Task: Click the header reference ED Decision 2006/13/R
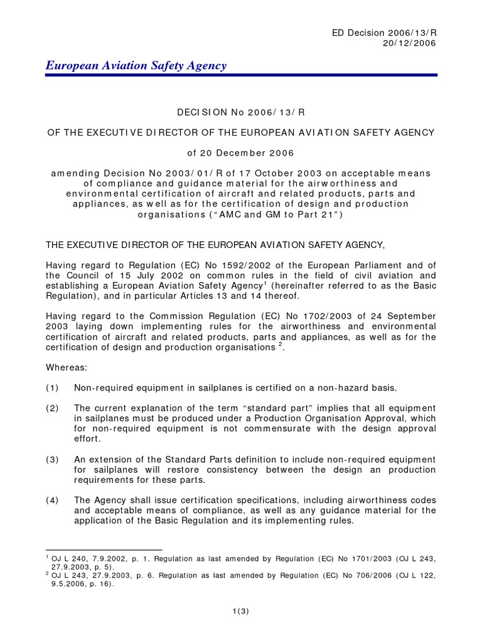click(387, 32)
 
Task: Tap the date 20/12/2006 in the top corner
click(409, 43)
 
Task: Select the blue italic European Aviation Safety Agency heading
click(136, 65)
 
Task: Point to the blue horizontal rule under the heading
click(241, 75)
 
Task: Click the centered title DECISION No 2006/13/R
click(241, 111)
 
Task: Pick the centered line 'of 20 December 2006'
click(241, 153)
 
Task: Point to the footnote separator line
click(104, 550)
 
